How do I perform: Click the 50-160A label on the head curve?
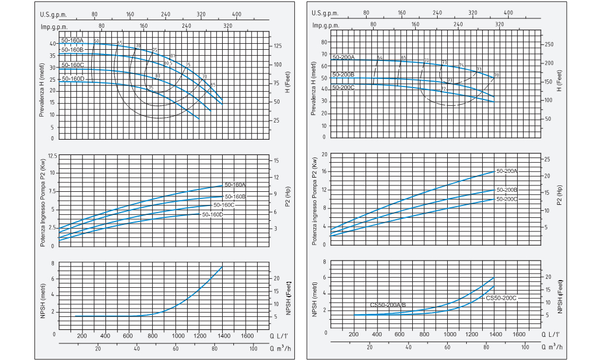72,40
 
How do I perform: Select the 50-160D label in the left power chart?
212,214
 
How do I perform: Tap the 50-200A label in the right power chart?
507,171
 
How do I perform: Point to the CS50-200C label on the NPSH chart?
501,298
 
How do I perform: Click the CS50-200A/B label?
388,304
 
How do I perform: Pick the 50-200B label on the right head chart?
344,75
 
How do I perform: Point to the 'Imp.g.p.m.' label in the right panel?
325,25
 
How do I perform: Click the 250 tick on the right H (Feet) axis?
548,44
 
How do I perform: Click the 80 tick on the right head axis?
324,42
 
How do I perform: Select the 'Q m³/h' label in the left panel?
281,348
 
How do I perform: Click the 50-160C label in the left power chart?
224,205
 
